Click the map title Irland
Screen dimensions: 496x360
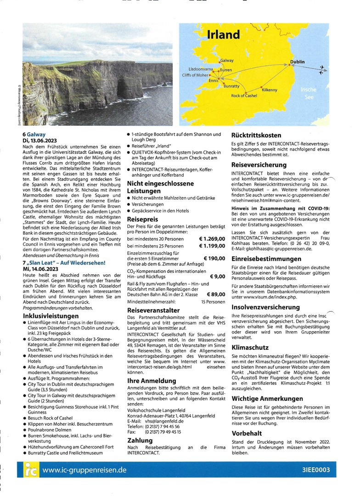point(224,34)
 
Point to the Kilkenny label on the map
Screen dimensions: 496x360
point(270,90)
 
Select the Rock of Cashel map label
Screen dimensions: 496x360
point(244,96)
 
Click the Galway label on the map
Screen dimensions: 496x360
point(227,61)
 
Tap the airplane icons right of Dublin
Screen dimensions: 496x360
point(323,69)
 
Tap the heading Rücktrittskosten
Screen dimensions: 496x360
point(256,135)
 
